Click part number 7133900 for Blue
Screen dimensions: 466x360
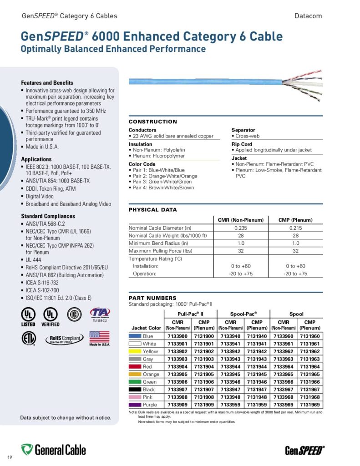[176, 336]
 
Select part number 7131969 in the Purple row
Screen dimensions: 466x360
[309, 405]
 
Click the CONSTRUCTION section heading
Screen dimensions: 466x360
[153, 122]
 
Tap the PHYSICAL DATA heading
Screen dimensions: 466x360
[153, 210]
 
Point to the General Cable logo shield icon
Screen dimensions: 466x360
[27, 450]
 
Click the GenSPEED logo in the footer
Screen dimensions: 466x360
[304, 451]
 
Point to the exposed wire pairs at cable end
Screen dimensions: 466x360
[303, 85]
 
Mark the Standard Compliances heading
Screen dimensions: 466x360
[48, 216]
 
